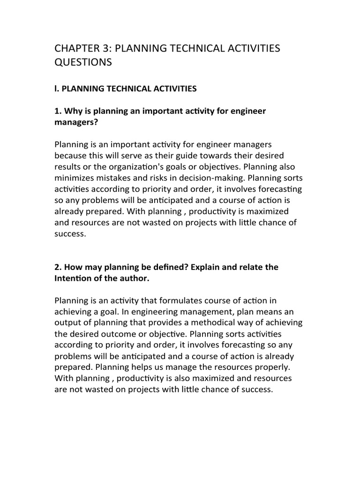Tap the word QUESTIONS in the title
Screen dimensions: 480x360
click(x=83, y=62)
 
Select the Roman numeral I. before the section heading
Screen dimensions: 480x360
click(x=57, y=89)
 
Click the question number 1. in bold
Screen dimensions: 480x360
click(x=58, y=111)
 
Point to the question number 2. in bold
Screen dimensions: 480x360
click(x=58, y=267)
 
